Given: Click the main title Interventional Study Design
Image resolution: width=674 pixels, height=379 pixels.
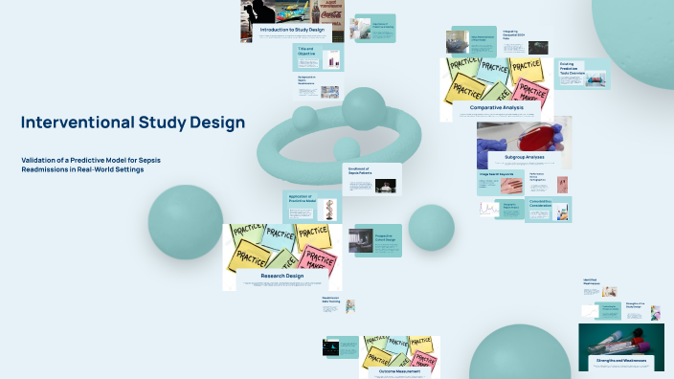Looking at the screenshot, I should coord(133,123).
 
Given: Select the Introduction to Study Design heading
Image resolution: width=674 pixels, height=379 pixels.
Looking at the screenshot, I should coord(292,30).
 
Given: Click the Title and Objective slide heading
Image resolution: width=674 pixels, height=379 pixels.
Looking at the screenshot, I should coord(305,51).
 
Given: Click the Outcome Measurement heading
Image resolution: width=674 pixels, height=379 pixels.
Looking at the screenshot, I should coord(399,371).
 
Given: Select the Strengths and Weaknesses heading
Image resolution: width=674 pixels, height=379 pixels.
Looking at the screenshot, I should coord(620,361).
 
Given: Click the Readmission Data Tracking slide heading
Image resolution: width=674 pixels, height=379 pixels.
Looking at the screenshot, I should coord(330,300).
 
